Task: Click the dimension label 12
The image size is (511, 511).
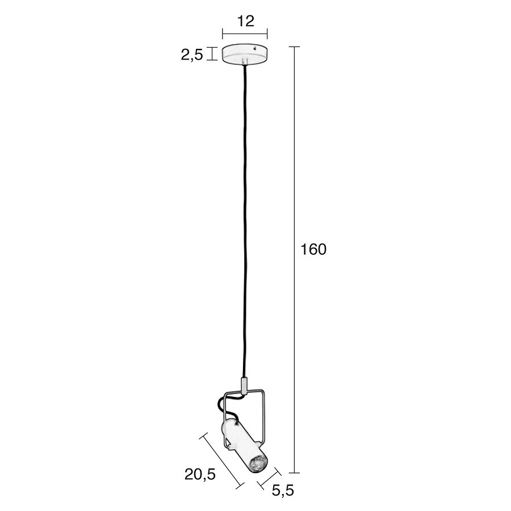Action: [245, 21]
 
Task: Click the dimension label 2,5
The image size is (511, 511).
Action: [192, 55]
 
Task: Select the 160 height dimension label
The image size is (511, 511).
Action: [313, 250]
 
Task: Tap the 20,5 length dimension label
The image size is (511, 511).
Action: [200, 475]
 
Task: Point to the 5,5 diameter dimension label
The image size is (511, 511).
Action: [283, 490]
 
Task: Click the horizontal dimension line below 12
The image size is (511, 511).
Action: [245, 33]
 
